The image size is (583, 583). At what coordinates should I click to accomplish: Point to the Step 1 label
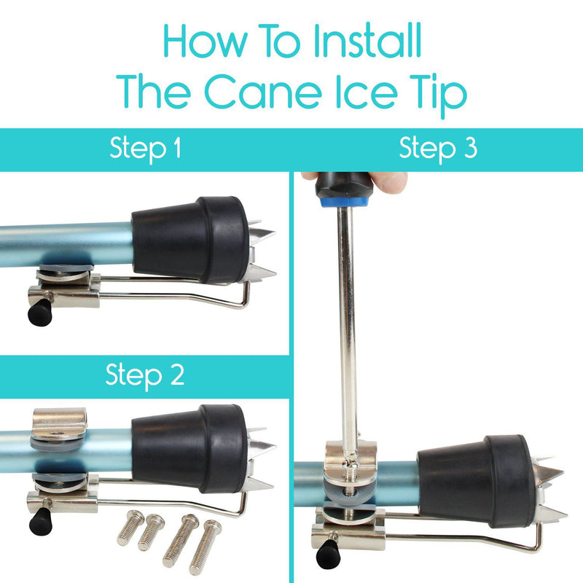pos(145,149)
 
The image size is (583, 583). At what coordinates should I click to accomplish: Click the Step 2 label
pos(145,376)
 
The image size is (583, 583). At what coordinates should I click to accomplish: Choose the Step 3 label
pos(438,149)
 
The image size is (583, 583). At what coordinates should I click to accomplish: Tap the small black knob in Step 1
pos(36,314)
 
